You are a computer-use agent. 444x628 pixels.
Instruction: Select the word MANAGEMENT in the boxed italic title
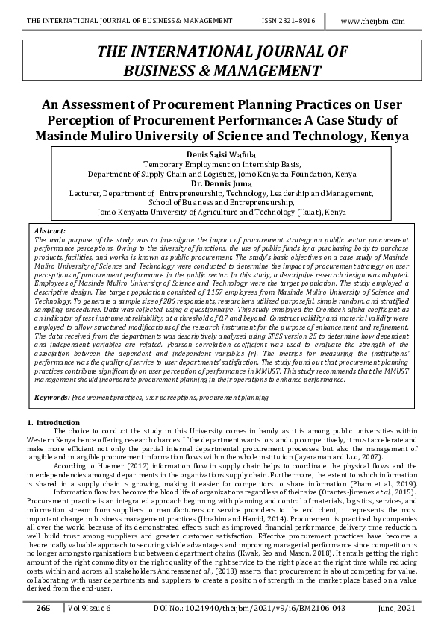[x=272, y=71]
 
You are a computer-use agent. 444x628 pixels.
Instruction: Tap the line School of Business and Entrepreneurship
[x=221, y=202]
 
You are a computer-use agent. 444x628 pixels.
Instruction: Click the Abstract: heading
[x=51, y=232]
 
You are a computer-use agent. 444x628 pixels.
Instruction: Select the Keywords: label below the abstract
[x=52, y=398]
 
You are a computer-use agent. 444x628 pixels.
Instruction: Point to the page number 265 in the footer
[x=43, y=609]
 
